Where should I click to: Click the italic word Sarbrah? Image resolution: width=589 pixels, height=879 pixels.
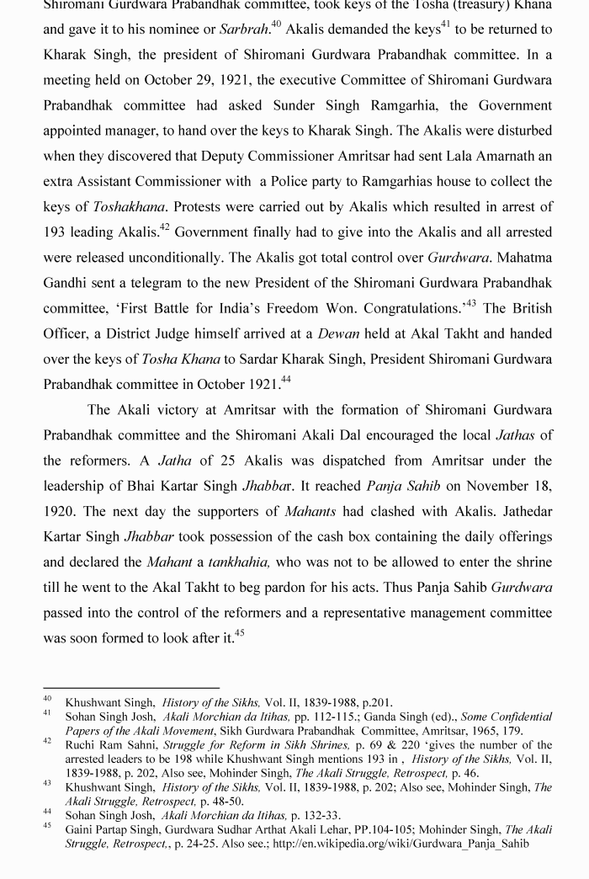coord(244,29)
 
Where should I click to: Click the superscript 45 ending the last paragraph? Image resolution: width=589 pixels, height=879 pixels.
coord(239,633)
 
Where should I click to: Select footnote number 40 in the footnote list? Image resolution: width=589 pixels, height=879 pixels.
coord(47,699)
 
